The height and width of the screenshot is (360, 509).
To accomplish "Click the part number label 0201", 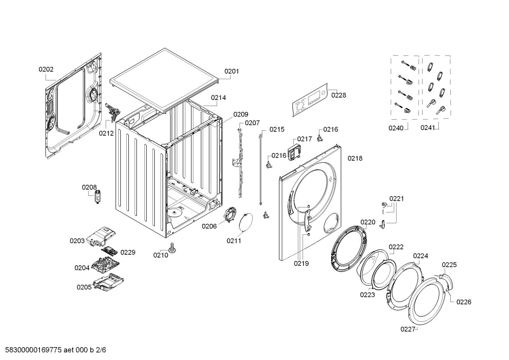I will [x=232, y=71].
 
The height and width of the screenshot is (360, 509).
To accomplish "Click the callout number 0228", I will [x=339, y=95].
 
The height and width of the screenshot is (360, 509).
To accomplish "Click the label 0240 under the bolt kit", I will [x=396, y=128].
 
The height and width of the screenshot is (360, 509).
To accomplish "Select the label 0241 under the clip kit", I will [x=427, y=128].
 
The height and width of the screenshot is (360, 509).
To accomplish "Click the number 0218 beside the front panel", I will [x=355, y=159].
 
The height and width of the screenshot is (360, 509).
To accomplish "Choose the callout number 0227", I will [x=407, y=329].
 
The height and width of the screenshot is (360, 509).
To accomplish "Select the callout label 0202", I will [x=46, y=70].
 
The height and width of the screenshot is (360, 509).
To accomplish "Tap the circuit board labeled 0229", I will [x=110, y=251].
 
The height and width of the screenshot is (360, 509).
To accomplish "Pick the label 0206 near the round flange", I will [x=209, y=226].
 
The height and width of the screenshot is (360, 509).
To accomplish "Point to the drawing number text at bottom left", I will [x=53, y=350].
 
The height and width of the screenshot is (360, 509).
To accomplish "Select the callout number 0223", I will [x=367, y=295].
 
